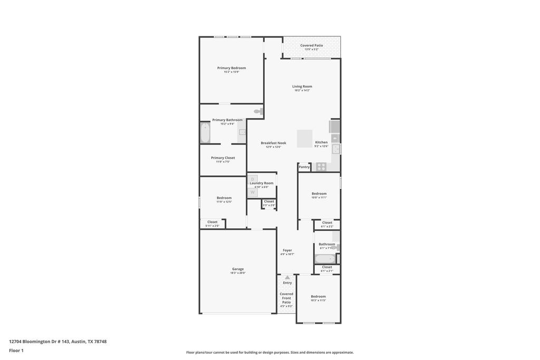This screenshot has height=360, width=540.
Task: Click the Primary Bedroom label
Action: point(232,68)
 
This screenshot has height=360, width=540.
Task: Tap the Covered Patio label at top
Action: point(311,45)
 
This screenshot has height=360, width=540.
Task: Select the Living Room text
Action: point(302,86)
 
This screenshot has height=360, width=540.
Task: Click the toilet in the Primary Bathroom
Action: point(258,111)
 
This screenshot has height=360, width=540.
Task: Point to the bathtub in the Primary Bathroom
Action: point(205,133)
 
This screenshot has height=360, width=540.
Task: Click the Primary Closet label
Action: point(223,158)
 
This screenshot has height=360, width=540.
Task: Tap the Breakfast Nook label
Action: point(273,143)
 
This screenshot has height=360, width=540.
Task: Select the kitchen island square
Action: point(305,139)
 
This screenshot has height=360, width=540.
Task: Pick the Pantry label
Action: point(304,167)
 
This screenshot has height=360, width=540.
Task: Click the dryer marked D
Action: point(253,179)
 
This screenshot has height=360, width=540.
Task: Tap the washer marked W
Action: point(253,192)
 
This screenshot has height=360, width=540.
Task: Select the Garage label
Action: point(238,269)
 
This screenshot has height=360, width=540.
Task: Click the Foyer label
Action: point(287,250)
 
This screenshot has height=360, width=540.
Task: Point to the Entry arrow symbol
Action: point(287,277)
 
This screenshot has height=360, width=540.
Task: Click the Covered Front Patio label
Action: point(286,298)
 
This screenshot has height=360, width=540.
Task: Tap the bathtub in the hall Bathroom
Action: point(324,259)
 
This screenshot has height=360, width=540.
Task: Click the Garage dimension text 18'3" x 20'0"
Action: point(238,273)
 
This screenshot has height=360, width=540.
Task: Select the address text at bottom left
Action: point(58,342)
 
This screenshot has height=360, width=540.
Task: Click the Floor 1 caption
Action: point(16,350)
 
